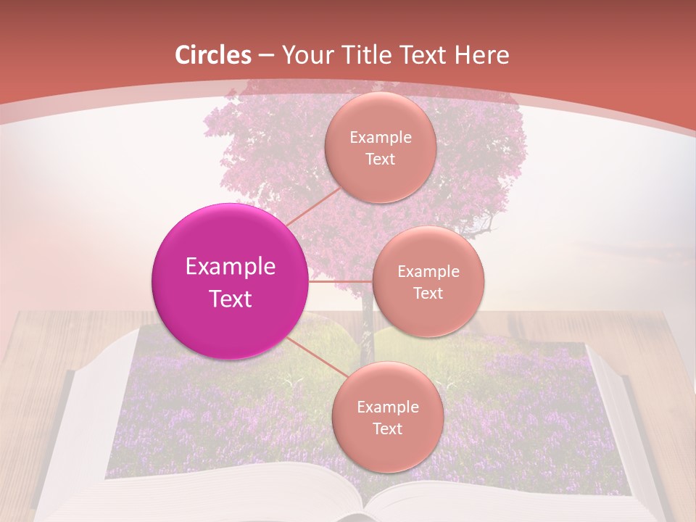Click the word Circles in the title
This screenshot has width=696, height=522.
pos(213,55)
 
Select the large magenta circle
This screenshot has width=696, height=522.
pos(230,281)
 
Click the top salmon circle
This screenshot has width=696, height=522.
pos(380,147)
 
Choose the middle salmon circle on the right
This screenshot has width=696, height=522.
pos(428,281)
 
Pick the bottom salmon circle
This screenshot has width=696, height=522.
pos(387,417)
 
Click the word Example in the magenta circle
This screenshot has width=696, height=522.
pos(230,267)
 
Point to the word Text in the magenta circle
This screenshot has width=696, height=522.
pos(230,299)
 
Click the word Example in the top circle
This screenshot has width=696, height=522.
pos(380,138)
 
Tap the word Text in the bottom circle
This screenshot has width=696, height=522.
pos(387,428)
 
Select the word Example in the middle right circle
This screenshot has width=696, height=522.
pos(428,272)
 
